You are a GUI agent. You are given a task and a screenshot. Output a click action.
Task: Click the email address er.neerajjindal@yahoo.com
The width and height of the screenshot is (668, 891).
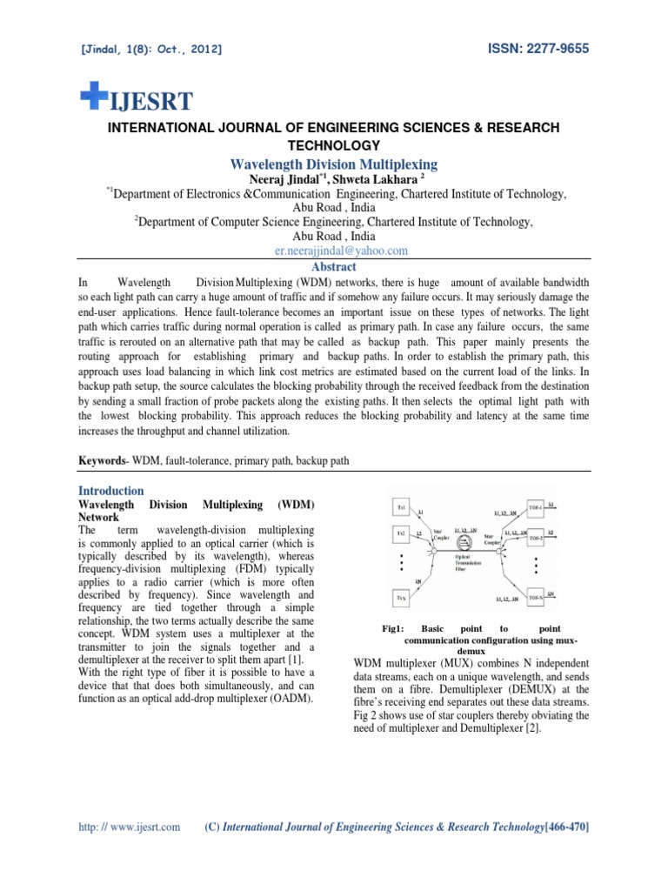[x=334, y=250]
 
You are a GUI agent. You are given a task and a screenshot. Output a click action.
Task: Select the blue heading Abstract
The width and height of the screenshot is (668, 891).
[x=334, y=268]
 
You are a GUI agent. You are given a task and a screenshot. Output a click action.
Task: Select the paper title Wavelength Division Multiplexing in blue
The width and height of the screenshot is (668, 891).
[x=334, y=164]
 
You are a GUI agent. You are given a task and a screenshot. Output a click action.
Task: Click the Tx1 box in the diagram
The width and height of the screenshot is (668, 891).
[x=402, y=506]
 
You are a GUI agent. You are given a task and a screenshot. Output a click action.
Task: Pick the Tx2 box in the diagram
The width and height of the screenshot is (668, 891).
[x=402, y=533]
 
